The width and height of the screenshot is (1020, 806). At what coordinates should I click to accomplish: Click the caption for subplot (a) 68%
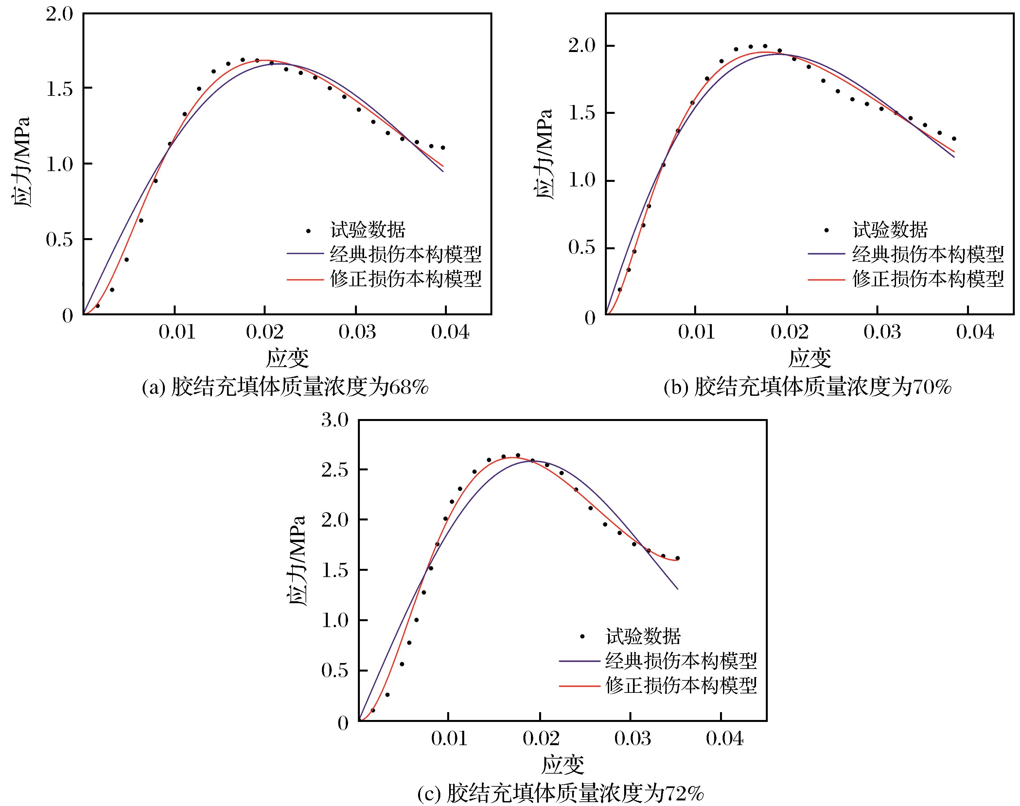point(285,387)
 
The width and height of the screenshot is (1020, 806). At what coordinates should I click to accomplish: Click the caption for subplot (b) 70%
point(807,387)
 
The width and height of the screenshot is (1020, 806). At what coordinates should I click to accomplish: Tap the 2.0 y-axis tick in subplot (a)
point(60,14)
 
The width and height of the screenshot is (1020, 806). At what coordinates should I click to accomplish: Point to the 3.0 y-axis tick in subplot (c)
point(335,420)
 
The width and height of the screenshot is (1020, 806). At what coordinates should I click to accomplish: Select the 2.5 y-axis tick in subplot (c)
point(335,470)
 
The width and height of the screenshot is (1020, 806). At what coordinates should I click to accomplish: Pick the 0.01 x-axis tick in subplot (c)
point(449,739)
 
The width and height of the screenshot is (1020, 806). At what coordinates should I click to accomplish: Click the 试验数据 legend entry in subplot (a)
point(368,230)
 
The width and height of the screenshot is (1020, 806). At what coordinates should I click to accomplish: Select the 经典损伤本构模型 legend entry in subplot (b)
point(927,255)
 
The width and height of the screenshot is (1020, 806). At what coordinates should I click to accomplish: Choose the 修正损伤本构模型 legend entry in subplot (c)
point(681,686)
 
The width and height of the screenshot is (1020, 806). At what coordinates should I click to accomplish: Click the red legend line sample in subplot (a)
point(305,279)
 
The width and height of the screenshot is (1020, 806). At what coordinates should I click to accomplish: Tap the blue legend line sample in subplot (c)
point(579,661)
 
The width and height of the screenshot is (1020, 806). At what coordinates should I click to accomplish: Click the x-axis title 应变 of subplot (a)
point(287,358)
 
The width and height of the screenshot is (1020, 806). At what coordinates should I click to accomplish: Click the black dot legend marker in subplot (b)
point(826,230)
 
